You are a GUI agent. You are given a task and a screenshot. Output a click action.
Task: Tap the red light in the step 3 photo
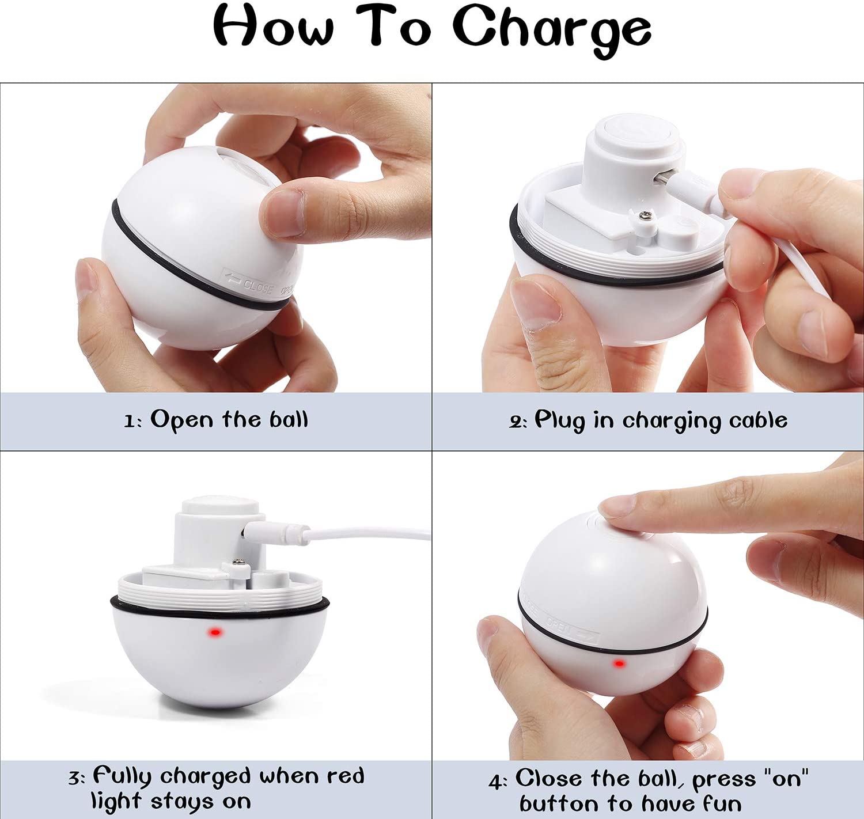click(x=215, y=633)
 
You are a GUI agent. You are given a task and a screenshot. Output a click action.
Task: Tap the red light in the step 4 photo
click(x=619, y=663)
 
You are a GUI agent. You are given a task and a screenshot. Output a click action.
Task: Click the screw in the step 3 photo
click(x=238, y=561)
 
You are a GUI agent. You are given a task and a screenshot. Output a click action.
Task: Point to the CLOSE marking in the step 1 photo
click(x=258, y=286)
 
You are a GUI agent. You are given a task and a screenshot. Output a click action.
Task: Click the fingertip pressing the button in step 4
click(x=615, y=506)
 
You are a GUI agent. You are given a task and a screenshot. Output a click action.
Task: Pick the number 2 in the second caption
click(x=515, y=423)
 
